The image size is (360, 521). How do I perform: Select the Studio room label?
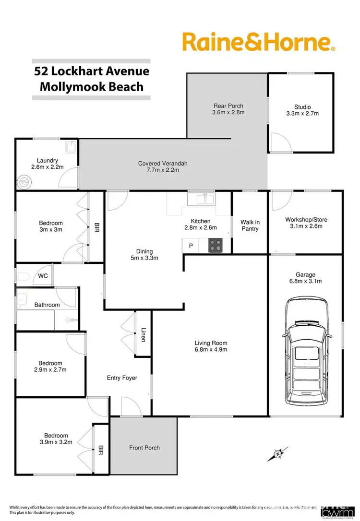(x=302, y=107)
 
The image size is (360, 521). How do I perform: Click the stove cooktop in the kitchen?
(x=216, y=246)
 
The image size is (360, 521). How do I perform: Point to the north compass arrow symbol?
(x=278, y=453)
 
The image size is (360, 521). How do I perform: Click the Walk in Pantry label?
(x=250, y=225)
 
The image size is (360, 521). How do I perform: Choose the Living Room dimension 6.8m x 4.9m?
(x=211, y=350)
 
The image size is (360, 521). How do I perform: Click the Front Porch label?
(x=144, y=448)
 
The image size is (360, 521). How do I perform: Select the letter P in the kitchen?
(x=191, y=246)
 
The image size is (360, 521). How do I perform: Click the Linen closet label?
(x=144, y=334)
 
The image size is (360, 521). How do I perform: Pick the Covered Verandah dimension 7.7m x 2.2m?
(x=163, y=171)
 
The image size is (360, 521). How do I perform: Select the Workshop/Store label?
(x=306, y=220)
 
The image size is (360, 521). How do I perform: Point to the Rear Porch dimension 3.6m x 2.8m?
(x=228, y=113)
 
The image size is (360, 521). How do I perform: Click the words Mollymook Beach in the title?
(x=92, y=86)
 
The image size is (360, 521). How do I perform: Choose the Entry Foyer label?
(x=122, y=378)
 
